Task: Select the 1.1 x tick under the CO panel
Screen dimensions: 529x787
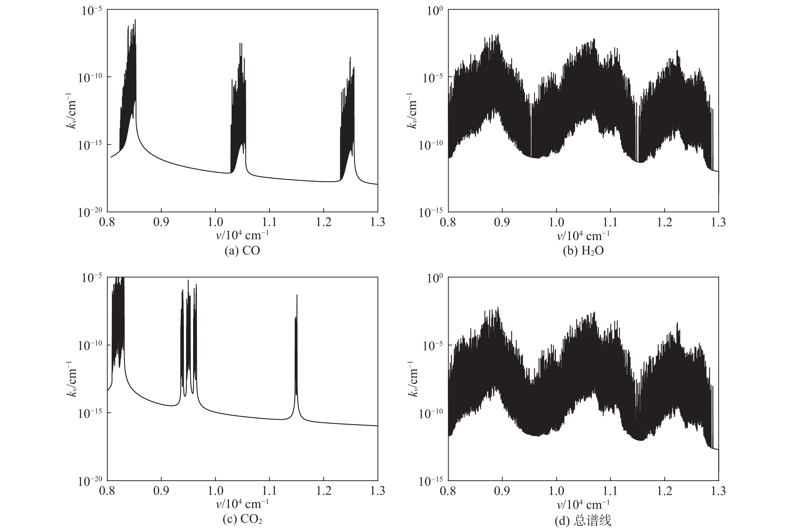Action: point(269,222)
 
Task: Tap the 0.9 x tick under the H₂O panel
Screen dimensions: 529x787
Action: point(502,222)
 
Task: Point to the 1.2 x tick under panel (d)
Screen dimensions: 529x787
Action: point(665,491)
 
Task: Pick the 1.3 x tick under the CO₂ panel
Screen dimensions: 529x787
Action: point(377,491)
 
